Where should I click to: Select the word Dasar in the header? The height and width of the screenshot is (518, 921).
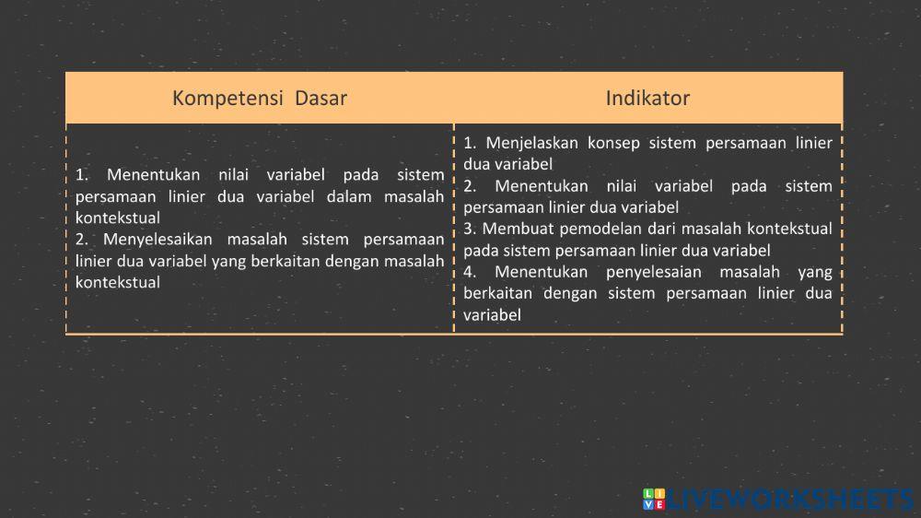click(x=321, y=98)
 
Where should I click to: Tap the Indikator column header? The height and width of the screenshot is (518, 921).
click(x=647, y=98)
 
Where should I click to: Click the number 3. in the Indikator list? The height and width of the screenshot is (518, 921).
click(x=470, y=229)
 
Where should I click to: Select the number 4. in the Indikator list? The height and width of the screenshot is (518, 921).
click(x=470, y=272)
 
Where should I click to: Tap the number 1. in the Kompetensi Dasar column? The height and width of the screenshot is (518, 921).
click(x=81, y=174)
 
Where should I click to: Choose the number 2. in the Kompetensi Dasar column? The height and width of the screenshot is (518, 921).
click(x=81, y=240)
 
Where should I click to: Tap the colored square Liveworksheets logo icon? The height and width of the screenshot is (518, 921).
click(x=653, y=500)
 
